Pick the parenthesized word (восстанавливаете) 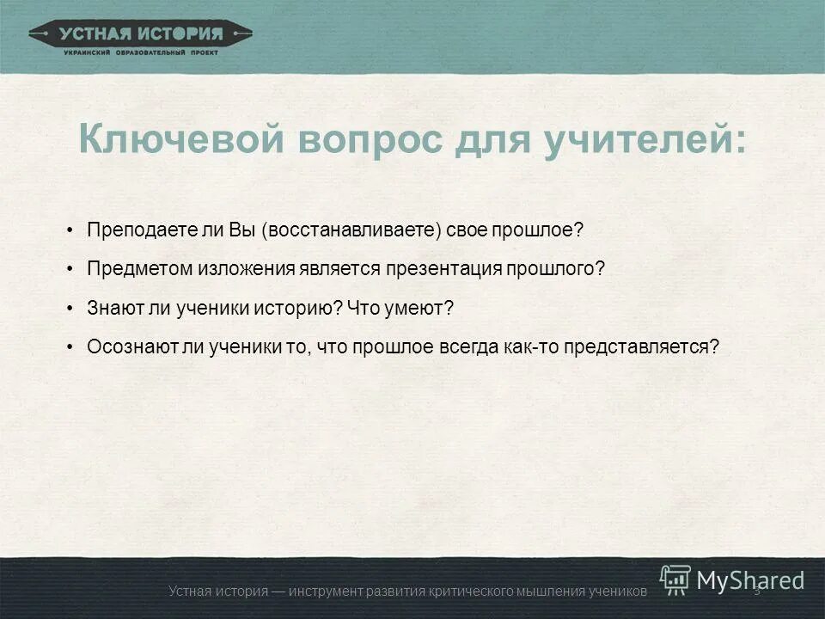tap(352, 230)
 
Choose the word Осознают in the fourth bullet tap(123, 346)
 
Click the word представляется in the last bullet tap(645, 346)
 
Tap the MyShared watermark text tap(750, 581)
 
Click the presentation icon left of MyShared tap(675, 580)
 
